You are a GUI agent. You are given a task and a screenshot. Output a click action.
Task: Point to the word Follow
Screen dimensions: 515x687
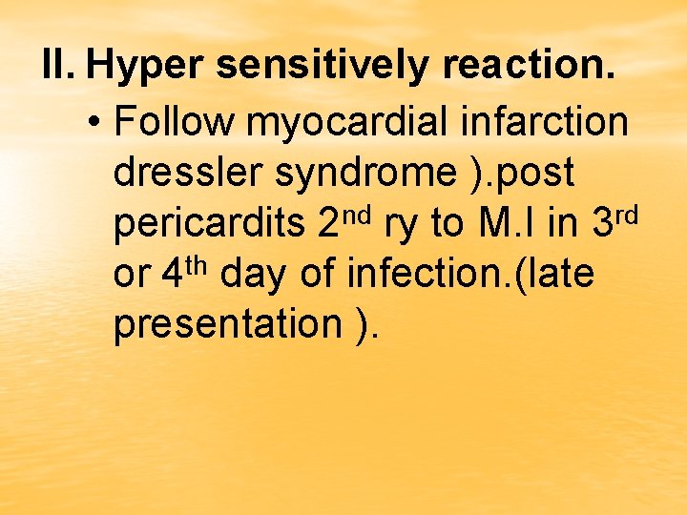(174, 121)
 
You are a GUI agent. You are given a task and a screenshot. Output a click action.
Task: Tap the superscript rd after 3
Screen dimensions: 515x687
(624, 213)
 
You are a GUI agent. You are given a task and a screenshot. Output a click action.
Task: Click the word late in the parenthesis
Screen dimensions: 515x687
(564, 274)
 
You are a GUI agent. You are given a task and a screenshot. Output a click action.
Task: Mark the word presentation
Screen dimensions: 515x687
(221, 325)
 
